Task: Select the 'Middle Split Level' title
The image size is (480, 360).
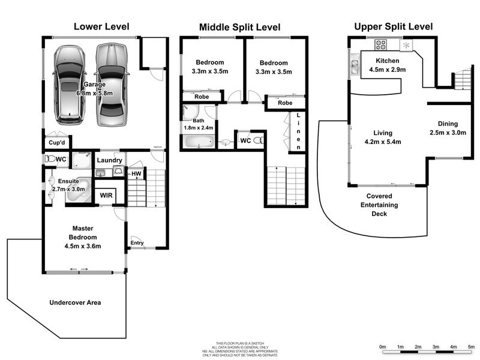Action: click(x=240, y=28)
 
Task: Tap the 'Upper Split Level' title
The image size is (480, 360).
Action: click(x=393, y=26)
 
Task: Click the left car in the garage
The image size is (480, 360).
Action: click(x=73, y=83)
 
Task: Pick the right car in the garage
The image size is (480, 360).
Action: click(x=111, y=83)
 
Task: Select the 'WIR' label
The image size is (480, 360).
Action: click(x=106, y=196)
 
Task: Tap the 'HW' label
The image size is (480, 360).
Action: click(x=136, y=174)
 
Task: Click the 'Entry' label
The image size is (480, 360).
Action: click(x=137, y=242)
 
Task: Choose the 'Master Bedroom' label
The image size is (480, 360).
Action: click(x=85, y=237)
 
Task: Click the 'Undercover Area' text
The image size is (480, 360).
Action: click(x=74, y=302)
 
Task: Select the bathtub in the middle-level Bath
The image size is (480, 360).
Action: click(x=197, y=142)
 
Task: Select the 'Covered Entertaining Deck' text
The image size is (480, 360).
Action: click(x=379, y=205)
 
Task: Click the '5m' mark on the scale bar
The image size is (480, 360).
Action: click(x=471, y=347)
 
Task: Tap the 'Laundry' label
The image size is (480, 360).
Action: click(x=110, y=160)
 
